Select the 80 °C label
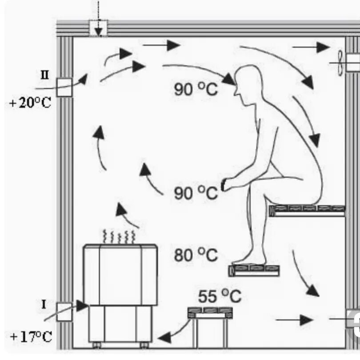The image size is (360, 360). [x=196, y=255]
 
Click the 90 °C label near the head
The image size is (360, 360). [x=196, y=89]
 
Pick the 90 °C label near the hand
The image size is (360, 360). [x=196, y=193]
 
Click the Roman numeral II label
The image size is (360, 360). [x=45, y=74]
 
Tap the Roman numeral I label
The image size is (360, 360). [x=44, y=304]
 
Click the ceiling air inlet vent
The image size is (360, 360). [x=98, y=28]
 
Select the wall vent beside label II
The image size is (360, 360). [x=64, y=87]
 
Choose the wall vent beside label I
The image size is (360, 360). [x=64, y=312]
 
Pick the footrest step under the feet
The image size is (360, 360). [x=254, y=270]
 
